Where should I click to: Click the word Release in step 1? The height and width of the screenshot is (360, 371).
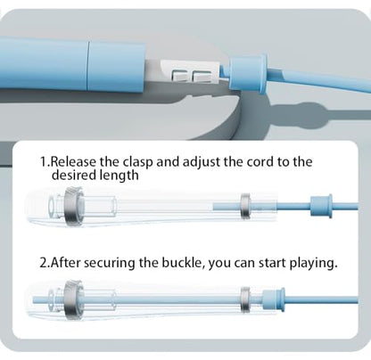[73, 162]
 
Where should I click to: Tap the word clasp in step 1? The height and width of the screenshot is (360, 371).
[138, 162]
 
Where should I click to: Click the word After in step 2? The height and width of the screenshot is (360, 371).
[65, 263]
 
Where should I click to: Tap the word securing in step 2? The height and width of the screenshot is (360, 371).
[109, 264]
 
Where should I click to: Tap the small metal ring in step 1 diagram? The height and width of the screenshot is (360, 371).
[245, 206]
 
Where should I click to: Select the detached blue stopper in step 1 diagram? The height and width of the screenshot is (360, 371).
[321, 206]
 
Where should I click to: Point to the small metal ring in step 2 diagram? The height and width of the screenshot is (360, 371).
[245, 300]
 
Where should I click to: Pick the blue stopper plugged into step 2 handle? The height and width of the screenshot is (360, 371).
[274, 300]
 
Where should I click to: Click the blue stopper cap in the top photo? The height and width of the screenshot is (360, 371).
[249, 73]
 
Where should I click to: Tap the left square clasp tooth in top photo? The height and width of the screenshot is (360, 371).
[179, 76]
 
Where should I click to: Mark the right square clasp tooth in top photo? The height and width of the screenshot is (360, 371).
[202, 77]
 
